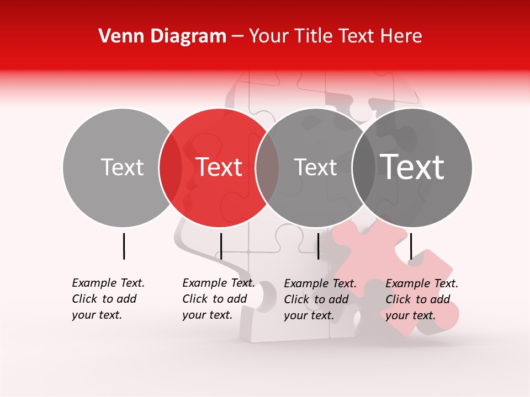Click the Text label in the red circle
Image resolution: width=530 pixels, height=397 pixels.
tap(219, 167)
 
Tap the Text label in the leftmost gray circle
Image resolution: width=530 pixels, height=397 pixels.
tap(123, 167)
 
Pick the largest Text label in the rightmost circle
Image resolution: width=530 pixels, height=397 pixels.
tap(412, 167)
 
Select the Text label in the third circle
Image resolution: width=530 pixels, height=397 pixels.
tap(316, 167)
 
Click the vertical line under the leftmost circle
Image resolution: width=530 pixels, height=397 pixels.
tap(124, 246)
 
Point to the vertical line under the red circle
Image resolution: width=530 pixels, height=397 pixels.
tap(221, 246)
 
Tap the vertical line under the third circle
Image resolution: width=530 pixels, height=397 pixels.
tap(318, 246)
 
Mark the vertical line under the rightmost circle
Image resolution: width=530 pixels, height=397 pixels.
tap(411, 246)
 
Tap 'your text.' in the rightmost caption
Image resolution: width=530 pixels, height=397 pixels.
tap(410, 315)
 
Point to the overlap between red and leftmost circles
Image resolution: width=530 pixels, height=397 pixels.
tap(171, 167)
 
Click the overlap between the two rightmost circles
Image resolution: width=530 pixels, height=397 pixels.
tap(363, 167)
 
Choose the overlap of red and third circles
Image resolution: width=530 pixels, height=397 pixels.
tap(267, 167)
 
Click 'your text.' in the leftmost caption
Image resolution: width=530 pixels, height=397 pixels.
tap(97, 315)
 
